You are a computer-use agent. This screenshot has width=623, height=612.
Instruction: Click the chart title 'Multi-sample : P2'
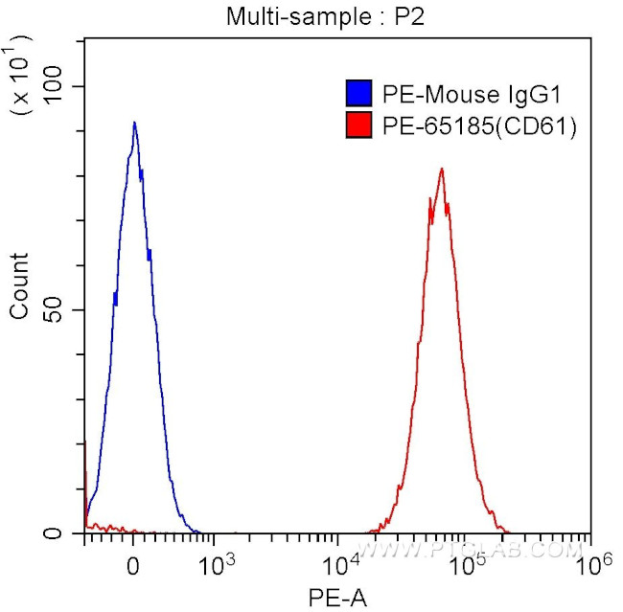tap(312, 16)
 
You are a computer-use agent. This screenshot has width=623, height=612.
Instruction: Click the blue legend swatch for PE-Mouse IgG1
tap(358, 94)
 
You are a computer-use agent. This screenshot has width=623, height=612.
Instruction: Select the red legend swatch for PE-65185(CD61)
tap(358, 125)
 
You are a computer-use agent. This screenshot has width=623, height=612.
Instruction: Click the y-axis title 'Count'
tap(19, 285)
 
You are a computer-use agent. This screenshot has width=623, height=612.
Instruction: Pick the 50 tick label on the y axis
tap(62, 310)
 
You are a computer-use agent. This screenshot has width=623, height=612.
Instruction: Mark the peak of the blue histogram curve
tap(134, 123)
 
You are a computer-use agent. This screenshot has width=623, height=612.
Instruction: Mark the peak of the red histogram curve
tap(442, 169)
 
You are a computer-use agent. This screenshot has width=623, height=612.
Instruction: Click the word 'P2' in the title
tap(383, 16)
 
